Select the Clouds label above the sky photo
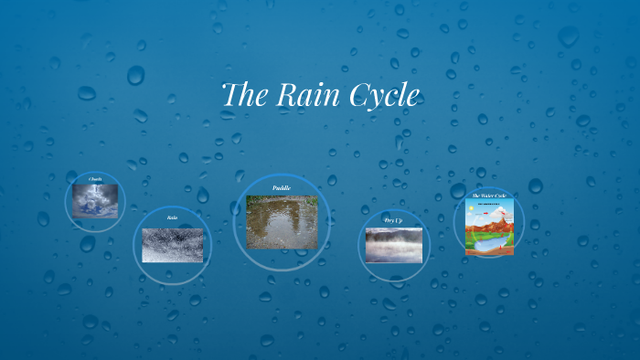(95, 178)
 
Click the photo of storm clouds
(95, 200)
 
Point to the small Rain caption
(172, 217)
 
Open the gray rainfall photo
(172, 245)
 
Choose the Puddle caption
(282, 188)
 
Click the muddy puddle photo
(282, 221)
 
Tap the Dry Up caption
(393, 220)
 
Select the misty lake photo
(393, 244)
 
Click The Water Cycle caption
(488, 196)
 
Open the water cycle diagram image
(489, 227)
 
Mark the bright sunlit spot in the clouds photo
(95, 195)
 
